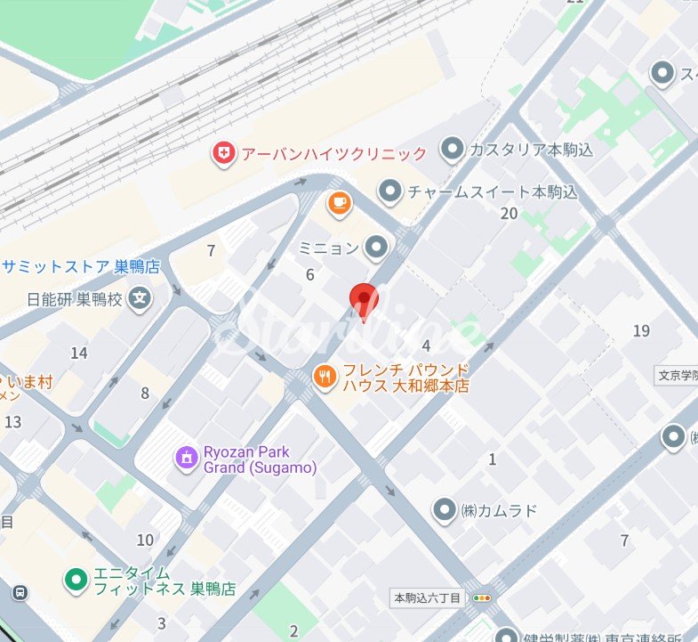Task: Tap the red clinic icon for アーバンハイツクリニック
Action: pyautogui.click(x=223, y=155)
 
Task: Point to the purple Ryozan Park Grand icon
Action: pyautogui.click(x=188, y=459)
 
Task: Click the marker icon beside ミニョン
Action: pyautogui.click(x=378, y=248)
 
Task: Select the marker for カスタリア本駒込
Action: pyautogui.click(x=453, y=149)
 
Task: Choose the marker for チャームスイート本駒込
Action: pyautogui.click(x=389, y=191)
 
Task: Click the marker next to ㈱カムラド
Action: pyautogui.click(x=444, y=510)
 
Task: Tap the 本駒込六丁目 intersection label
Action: pyautogui.click(x=428, y=598)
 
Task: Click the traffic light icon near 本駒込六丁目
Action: pyautogui.click(x=482, y=598)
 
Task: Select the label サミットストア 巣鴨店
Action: pyautogui.click(x=81, y=265)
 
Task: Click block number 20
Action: pyautogui.click(x=509, y=214)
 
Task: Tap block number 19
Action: pyautogui.click(x=641, y=331)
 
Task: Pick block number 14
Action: pyautogui.click(x=79, y=354)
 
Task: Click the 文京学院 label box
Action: pyautogui.click(x=678, y=375)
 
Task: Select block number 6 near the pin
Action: pyautogui.click(x=310, y=275)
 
